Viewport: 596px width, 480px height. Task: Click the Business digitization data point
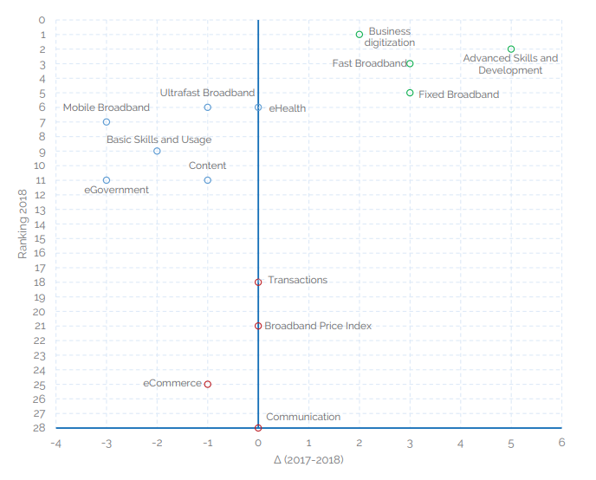360,35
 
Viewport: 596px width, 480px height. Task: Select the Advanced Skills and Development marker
511,49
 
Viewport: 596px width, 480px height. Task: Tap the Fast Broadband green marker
410,63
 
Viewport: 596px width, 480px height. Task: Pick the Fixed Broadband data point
410,93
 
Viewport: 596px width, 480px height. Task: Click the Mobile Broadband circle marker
107,122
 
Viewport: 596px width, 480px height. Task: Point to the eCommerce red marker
208,384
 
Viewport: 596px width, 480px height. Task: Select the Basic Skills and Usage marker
157,151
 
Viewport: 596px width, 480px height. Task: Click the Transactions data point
258,282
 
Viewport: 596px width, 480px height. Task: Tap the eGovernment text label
116,190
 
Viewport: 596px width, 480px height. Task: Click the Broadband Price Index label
318,326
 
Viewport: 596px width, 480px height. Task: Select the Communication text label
303,417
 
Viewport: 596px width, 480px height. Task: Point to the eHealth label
287,108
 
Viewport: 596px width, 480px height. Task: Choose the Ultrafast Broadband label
207,93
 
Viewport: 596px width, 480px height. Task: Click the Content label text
207,165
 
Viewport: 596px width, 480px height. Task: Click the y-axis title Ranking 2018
23,224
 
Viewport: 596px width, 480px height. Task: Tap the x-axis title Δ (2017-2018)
308,460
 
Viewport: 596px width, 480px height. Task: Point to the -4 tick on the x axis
55,443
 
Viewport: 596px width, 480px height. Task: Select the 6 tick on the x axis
561,443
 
